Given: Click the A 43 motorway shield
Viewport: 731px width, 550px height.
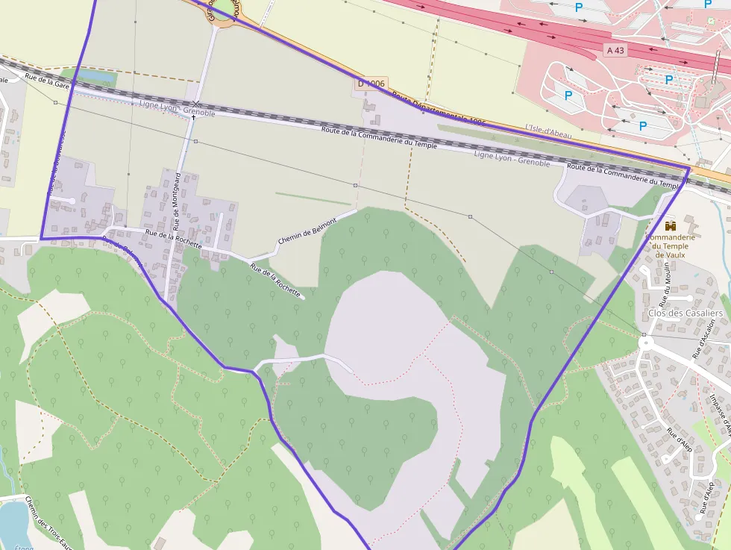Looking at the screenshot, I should pos(616,50).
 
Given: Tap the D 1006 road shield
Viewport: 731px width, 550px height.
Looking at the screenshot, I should pos(371,84).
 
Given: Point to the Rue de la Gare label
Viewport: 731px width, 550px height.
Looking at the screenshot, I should pos(46,81).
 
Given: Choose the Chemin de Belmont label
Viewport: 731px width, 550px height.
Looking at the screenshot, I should pos(307,230).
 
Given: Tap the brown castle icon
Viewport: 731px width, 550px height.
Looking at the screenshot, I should pos(669,225).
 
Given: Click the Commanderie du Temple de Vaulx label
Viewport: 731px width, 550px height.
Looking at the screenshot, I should pos(670,246).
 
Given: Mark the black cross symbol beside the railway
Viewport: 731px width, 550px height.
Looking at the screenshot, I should pos(193,117).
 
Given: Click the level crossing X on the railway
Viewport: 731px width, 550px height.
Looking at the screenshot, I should pos(195,103).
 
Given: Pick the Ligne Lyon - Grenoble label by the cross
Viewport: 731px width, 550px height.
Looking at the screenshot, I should pos(177,108).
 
